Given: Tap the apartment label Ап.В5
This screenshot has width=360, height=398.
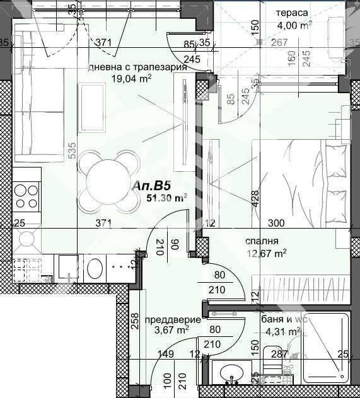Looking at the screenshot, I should [152, 186].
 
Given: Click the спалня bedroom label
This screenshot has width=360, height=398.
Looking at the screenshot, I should [262, 241].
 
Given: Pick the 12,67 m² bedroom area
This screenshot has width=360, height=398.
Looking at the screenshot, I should [268, 254].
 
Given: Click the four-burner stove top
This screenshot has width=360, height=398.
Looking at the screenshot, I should [26, 195].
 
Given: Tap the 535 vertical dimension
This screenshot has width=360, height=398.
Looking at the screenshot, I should [72, 149].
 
